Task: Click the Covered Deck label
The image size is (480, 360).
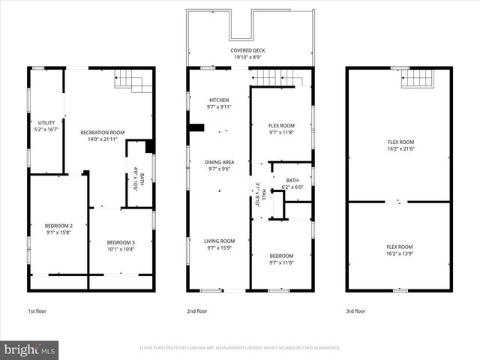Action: (x=247, y=51)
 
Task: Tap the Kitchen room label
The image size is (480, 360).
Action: (x=219, y=100)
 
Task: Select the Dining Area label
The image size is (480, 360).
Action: (x=219, y=162)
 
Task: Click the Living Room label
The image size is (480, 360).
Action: (x=219, y=241)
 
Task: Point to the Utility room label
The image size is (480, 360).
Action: (x=46, y=122)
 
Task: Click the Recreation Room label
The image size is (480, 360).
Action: (x=102, y=132)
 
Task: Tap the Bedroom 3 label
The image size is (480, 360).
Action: (x=120, y=242)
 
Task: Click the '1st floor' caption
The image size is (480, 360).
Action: (x=37, y=310)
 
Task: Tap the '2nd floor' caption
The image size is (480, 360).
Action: (x=197, y=310)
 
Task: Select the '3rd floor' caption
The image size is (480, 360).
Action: (x=356, y=310)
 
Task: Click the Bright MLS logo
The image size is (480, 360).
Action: (x=30, y=349)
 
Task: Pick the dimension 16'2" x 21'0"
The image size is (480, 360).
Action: (x=400, y=148)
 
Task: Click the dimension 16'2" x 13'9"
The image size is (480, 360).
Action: (x=400, y=253)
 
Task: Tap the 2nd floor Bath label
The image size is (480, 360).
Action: (x=292, y=180)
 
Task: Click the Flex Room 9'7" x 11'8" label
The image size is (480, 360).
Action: (x=281, y=125)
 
